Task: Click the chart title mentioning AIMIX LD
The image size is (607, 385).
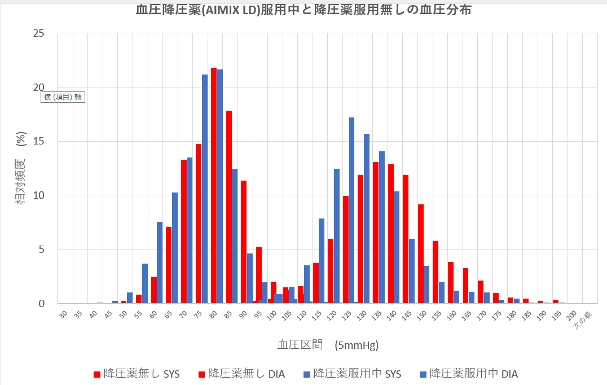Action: [303, 10]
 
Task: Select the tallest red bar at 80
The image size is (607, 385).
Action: [214, 186]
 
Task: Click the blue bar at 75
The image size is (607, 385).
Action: [205, 189]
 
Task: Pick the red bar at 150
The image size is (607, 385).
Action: [420, 254]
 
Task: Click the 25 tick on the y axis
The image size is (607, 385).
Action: [38, 33]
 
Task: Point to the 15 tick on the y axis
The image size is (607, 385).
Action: [38, 141]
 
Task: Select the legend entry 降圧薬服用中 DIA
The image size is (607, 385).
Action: [469, 374]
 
